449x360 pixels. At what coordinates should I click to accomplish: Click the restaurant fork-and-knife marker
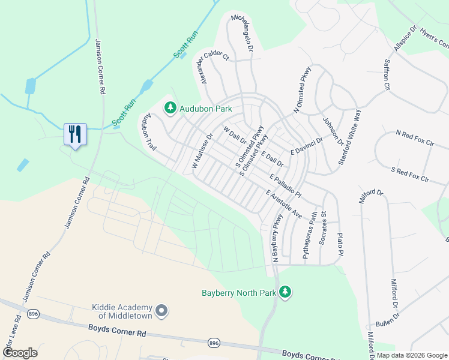75,133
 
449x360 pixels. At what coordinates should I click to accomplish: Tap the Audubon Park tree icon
170,108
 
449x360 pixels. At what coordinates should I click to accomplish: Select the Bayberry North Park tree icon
286,292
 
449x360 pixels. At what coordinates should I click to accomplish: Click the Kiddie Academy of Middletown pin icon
161,310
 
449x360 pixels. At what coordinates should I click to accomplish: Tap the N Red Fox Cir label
415,137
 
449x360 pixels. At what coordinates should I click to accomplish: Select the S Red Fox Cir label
410,173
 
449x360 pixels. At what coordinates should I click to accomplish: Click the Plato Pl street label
340,246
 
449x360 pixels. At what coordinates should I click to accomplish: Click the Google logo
19,353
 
